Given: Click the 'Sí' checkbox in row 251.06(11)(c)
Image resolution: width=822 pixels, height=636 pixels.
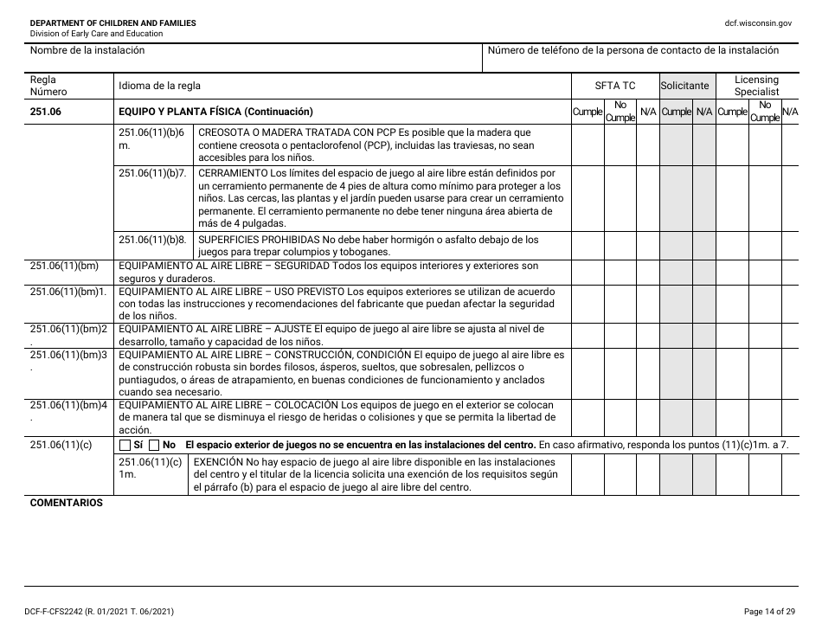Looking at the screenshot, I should pyautogui.click(x=125, y=445).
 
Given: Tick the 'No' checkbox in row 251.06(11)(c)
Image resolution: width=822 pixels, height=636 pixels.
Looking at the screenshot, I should pyautogui.click(x=155, y=445).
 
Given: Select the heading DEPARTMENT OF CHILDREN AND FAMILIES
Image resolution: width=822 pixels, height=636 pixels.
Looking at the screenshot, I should pyautogui.click(x=112, y=22).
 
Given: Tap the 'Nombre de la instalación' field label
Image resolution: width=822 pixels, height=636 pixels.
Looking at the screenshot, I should pyautogui.click(x=87, y=50).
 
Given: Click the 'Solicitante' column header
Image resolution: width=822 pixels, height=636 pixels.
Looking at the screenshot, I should pyautogui.click(x=684, y=86).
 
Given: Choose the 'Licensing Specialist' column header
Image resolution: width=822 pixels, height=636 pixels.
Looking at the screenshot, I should pyautogui.click(x=756, y=86).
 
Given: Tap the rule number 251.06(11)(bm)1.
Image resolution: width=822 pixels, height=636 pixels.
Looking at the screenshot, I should pyautogui.click(x=68, y=291).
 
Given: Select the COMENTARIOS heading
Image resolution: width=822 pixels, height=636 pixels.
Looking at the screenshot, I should pyautogui.click(x=66, y=503).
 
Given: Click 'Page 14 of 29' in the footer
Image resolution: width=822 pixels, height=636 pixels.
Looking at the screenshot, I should pyautogui.click(x=769, y=612).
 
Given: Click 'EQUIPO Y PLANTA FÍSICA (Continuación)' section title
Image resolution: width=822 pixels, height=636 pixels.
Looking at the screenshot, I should pyautogui.click(x=215, y=112).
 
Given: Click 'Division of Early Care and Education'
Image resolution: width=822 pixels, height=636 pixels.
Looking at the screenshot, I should pyautogui.click(x=96, y=34).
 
